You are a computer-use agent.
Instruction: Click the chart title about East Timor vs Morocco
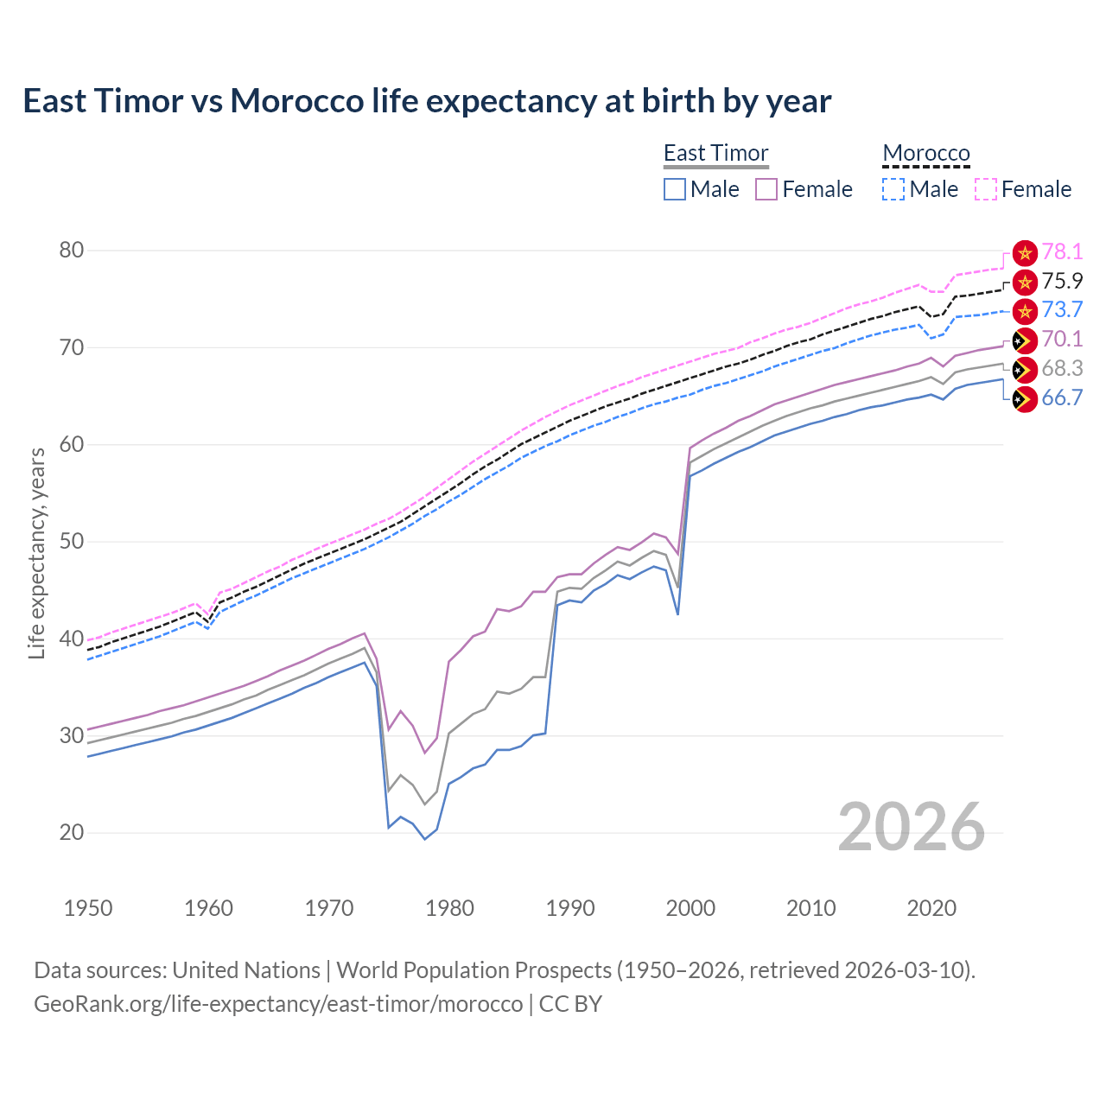(x=427, y=101)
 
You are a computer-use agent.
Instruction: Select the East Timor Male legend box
(x=675, y=189)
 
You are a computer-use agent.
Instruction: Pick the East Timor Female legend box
(x=766, y=189)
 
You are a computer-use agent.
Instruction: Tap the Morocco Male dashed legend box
(x=893, y=189)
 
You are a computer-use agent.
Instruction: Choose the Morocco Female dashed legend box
(x=986, y=189)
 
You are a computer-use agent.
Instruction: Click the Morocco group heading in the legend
(x=926, y=153)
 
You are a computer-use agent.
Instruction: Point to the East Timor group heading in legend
(x=715, y=153)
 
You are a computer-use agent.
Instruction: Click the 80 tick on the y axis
(x=72, y=251)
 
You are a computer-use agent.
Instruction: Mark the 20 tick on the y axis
(x=72, y=833)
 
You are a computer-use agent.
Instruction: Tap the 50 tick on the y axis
(x=72, y=542)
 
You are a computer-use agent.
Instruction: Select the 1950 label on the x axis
(x=88, y=908)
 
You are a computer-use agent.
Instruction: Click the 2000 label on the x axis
(x=690, y=908)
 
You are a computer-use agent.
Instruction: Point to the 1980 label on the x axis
(x=449, y=908)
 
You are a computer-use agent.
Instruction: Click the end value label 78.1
(x=1062, y=251)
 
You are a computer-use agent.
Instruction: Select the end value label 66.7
(x=1062, y=397)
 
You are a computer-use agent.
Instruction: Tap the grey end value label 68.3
(x=1062, y=368)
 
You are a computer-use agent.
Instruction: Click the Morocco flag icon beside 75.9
(x=1025, y=282)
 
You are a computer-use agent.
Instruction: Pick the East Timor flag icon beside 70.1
(x=1025, y=340)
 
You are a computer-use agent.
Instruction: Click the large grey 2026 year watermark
(x=911, y=827)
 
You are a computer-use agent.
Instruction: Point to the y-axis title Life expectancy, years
(x=37, y=553)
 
